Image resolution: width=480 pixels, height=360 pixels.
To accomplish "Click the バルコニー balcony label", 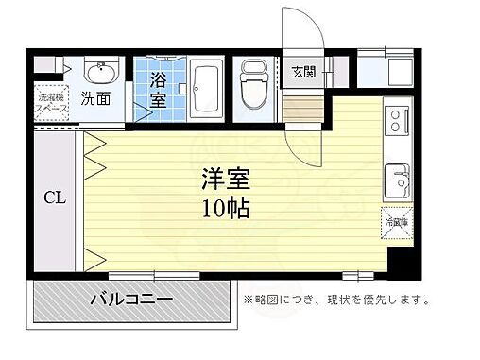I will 131,300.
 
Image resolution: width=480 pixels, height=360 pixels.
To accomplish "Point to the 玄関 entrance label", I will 302,71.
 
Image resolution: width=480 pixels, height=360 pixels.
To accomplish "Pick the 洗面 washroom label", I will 94,97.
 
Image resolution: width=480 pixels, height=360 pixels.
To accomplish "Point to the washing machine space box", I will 50,100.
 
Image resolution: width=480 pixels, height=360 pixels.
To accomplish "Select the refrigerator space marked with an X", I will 395,223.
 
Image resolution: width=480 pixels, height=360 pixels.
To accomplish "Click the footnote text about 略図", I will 334,301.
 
